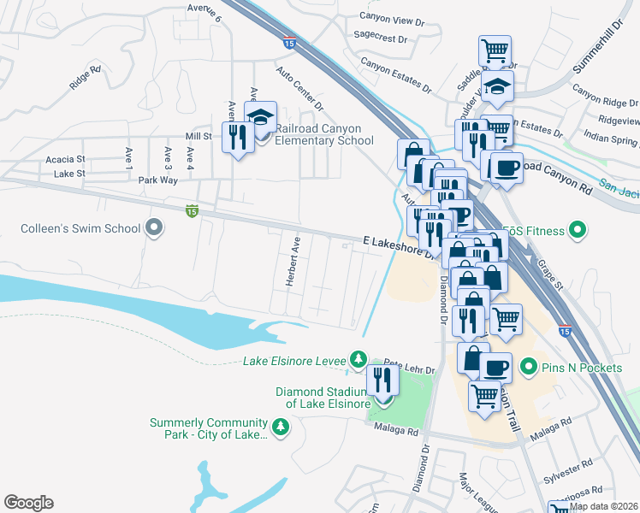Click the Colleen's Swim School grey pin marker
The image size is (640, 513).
pos(154,228)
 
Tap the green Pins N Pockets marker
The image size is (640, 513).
pos(528,368)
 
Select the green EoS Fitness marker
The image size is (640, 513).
pos(578,229)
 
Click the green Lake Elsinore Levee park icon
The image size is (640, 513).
pos(360,359)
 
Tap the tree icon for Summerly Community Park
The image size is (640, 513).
pos(280,426)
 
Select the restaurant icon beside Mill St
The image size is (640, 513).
pos(236,137)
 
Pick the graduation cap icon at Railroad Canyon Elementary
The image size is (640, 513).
pos(261,117)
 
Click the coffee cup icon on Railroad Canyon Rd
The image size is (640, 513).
pos(505,166)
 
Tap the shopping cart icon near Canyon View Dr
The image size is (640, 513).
pos(495,50)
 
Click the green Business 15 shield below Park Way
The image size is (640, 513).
pos(193,209)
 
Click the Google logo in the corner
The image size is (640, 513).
pos(28,503)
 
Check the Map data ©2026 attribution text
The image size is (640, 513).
pos(602,506)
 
